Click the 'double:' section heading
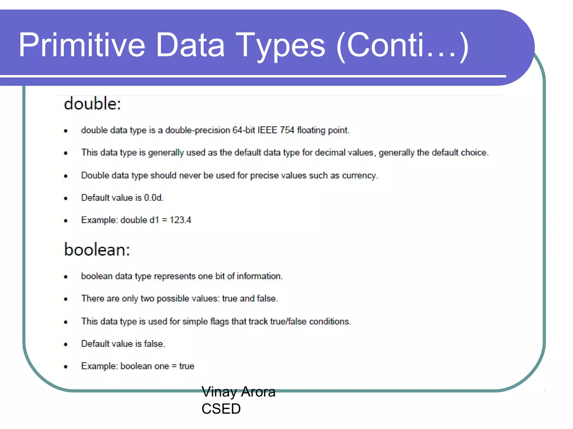tap(92, 104)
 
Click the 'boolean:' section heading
tap(97, 249)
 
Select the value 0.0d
tap(153, 198)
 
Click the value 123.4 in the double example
tap(180, 220)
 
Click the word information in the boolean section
tap(259, 276)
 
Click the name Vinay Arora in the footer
tap(238, 392)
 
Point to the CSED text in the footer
tap(221, 409)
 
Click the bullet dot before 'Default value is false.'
tap(66, 344)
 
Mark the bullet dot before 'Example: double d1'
tap(66, 221)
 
